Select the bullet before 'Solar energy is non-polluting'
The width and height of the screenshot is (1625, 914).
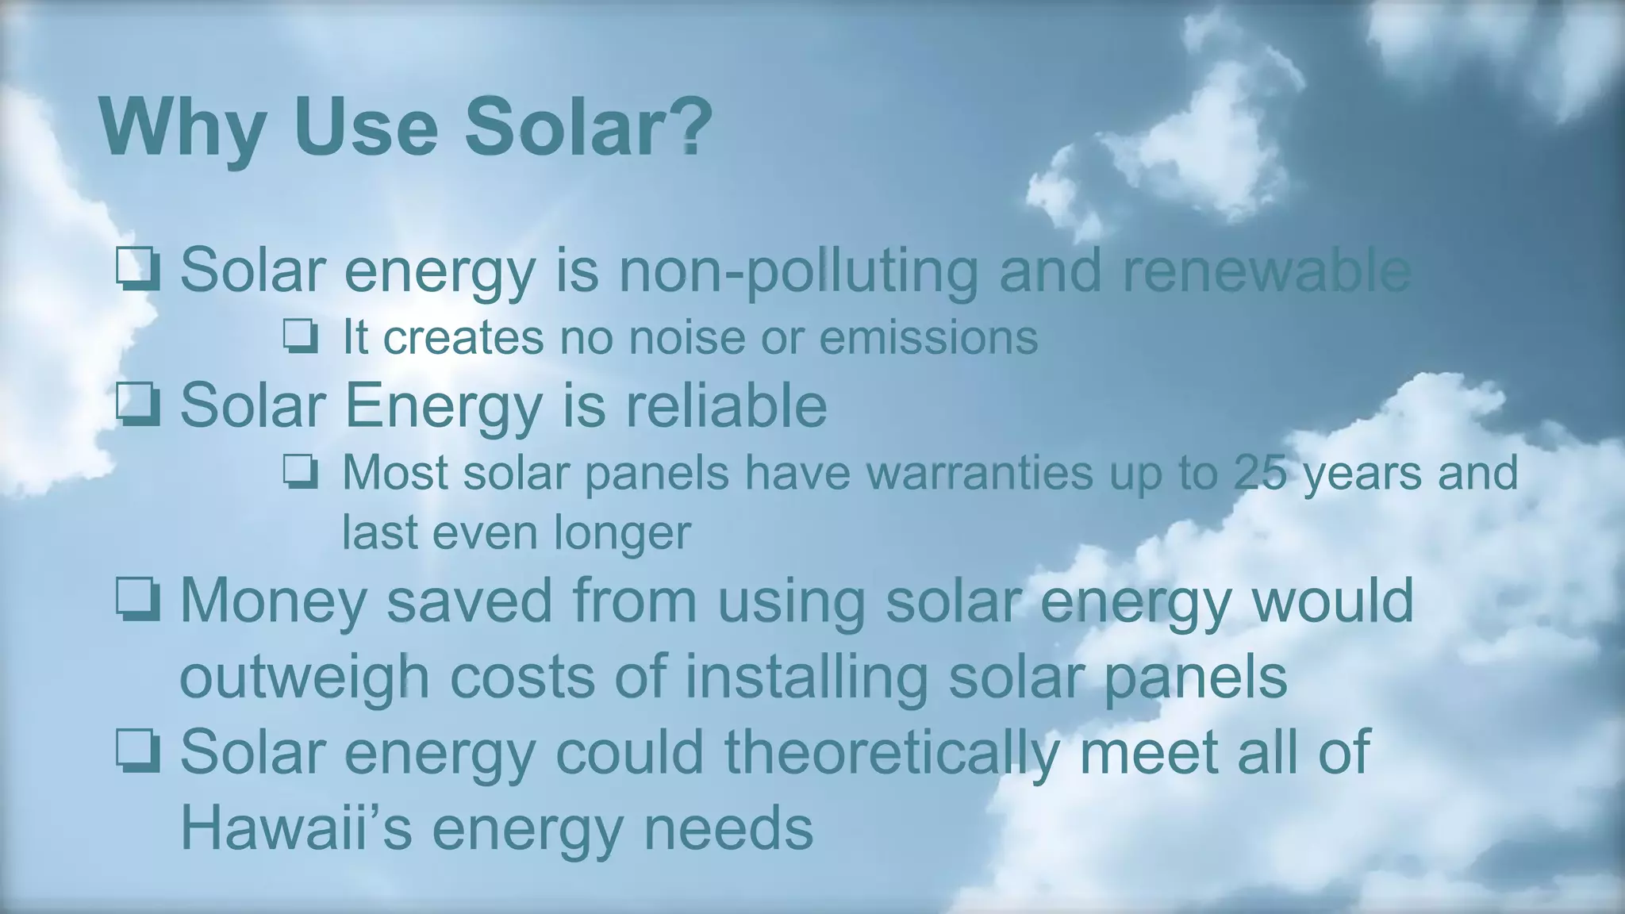[138, 269]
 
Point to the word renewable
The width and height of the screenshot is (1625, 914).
[1266, 270]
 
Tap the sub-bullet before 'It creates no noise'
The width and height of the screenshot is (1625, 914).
[301, 337]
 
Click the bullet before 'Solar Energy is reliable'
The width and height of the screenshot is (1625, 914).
[138, 405]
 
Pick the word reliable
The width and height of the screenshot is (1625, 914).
[725, 405]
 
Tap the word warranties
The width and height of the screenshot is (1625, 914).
[979, 473]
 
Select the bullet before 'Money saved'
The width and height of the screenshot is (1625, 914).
[138, 599]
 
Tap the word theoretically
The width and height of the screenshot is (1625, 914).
[892, 753]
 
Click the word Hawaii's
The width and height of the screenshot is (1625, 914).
[296, 828]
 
